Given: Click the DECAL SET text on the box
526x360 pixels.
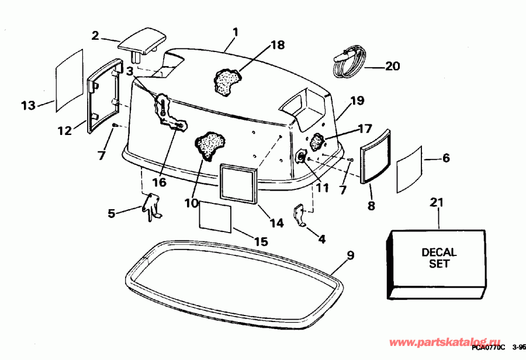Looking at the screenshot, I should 439,258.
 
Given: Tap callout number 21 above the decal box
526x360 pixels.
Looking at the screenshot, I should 437,203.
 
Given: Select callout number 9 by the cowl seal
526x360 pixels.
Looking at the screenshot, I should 350,255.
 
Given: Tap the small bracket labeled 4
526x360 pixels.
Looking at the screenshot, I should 302,215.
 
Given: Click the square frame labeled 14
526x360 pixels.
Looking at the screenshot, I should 238,183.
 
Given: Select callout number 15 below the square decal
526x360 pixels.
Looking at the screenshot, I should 261,241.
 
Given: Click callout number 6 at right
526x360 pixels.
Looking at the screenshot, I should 445,158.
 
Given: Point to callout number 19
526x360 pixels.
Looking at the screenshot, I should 358,101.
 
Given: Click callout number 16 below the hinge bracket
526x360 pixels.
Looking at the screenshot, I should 160,182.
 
